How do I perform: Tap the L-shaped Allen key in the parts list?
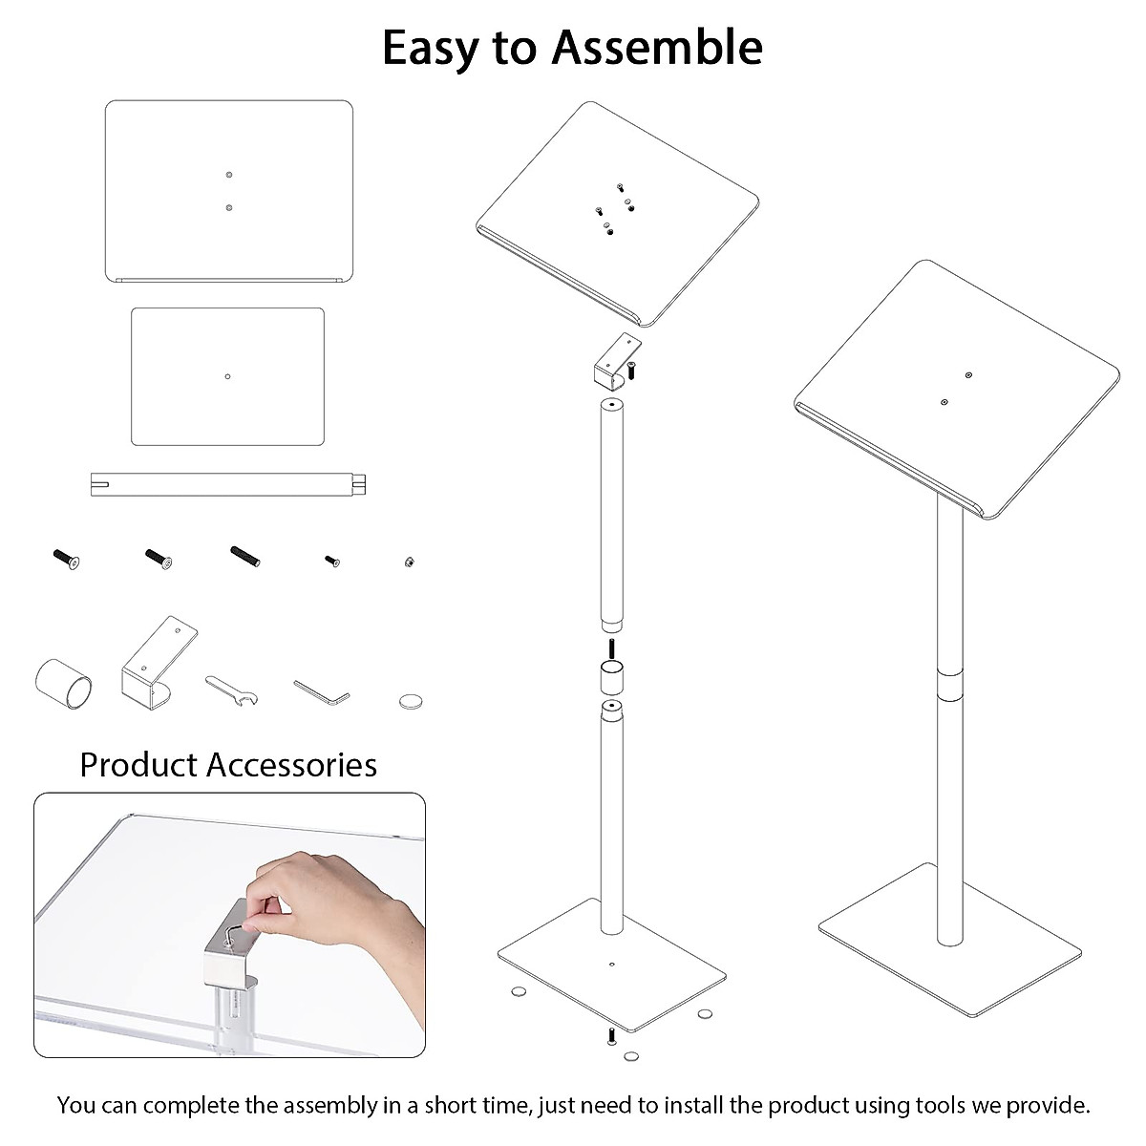click(x=321, y=691)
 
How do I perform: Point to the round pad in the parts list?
click(x=410, y=701)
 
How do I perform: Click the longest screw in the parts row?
click(x=245, y=555)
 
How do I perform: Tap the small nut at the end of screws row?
click(x=409, y=562)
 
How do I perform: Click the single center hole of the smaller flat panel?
click(x=227, y=376)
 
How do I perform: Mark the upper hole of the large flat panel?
click(x=229, y=175)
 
